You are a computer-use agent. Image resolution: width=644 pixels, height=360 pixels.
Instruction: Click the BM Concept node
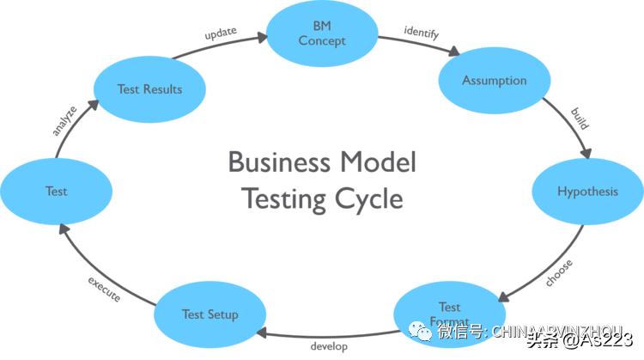point(322,34)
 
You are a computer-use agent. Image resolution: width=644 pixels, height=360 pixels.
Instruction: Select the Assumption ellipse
point(494,81)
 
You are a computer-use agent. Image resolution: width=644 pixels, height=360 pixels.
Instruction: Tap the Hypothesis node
point(587,191)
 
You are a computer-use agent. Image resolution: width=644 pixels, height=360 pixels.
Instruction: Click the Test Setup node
point(210,314)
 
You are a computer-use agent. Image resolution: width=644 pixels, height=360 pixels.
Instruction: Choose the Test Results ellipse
point(149,89)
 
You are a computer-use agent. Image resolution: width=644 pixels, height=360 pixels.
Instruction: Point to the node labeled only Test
point(56,192)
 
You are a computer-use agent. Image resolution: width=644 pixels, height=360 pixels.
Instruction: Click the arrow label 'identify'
point(421,34)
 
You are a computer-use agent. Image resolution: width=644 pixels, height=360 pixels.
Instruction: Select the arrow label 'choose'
point(558,272)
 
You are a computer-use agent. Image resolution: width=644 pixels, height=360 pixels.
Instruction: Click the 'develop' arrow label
point(329,346)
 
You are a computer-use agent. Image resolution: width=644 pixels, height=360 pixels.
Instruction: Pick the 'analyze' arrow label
point(64,121)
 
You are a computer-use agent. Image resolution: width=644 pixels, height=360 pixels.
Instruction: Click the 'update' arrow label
point(221,34)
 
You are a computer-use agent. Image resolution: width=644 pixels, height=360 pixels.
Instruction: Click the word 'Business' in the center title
point(278,162)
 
